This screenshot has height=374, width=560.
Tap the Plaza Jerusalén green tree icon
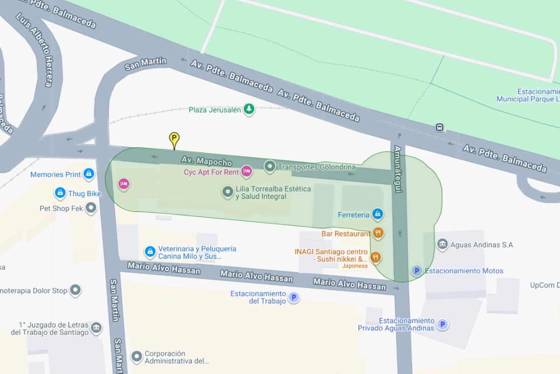[250, 109]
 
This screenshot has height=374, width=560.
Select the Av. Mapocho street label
[207, 161]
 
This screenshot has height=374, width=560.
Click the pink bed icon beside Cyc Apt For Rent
[247, 172]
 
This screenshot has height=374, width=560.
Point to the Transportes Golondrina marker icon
[270, 166]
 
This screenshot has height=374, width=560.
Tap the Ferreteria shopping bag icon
[378, 215]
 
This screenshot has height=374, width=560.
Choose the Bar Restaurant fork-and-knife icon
[378, 233]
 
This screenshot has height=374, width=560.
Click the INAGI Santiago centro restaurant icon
[375, 257]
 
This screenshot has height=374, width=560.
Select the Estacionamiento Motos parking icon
[416, 271]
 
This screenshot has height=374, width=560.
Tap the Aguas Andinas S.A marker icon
[442, 244]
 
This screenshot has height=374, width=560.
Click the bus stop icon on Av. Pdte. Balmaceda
[439, 127]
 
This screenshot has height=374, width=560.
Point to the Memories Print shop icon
[89, 174]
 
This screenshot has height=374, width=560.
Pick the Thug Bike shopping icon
[60, 193]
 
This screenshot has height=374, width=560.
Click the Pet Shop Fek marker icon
[91, 208]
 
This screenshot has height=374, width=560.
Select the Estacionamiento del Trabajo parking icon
[294, 297]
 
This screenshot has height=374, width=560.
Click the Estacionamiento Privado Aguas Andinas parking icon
[442, 324]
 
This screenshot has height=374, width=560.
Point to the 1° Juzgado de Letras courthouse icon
[96, 328]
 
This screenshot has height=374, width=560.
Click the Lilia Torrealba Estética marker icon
[227, 192]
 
